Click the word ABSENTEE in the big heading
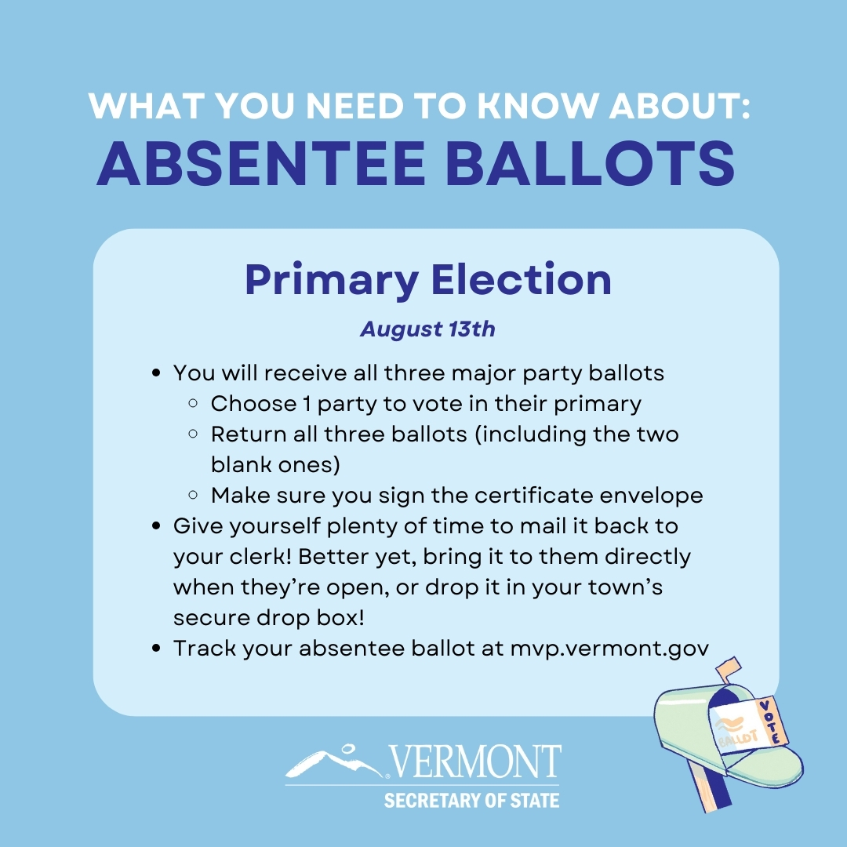pyautogui.click(x=261, y=163)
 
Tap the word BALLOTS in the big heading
pyautogui.click(x=591, y=163)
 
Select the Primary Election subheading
pyautogui.click(x=428, y=280)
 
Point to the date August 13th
pyautogui.click(x=428, y=329)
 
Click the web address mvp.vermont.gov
pyautogui.click(x=609, y=649)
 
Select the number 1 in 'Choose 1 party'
pyautogui.click(x=307, y=404)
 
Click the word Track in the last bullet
pyautogui.click(x=205, y=649)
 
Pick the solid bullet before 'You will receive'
pyautogui.click(x=157, y=373)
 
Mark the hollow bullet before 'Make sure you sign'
pyautogui.click(x=193, y=494)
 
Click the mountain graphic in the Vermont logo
pyautogui.click(x=334, y=762)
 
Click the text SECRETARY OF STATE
pyautogui.click(x=471, y=800)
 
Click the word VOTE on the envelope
pyautogui.click(x=772, y=722)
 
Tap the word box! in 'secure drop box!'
pyautogui.click(x=341, y=617)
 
